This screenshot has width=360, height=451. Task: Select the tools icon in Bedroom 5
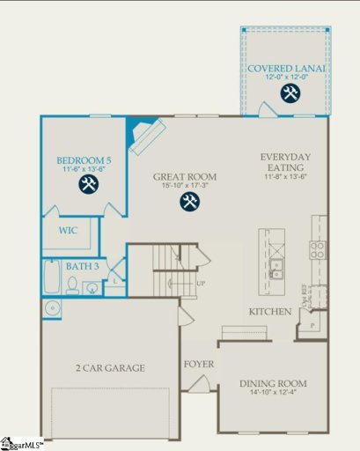87,184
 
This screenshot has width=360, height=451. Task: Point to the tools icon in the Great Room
189,202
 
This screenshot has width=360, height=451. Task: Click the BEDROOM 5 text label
85,160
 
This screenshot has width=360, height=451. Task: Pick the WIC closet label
70,232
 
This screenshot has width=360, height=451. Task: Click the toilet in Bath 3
90,285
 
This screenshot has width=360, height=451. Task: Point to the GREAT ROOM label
185,176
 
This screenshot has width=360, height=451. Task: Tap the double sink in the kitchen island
276,268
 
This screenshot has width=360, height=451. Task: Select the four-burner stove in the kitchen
316,249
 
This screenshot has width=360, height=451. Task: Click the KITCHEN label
269,313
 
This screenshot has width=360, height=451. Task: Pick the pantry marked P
311,325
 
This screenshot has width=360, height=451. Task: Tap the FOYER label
200,364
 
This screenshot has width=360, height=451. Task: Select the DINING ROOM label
274,383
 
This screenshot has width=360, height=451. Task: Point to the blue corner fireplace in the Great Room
142,133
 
